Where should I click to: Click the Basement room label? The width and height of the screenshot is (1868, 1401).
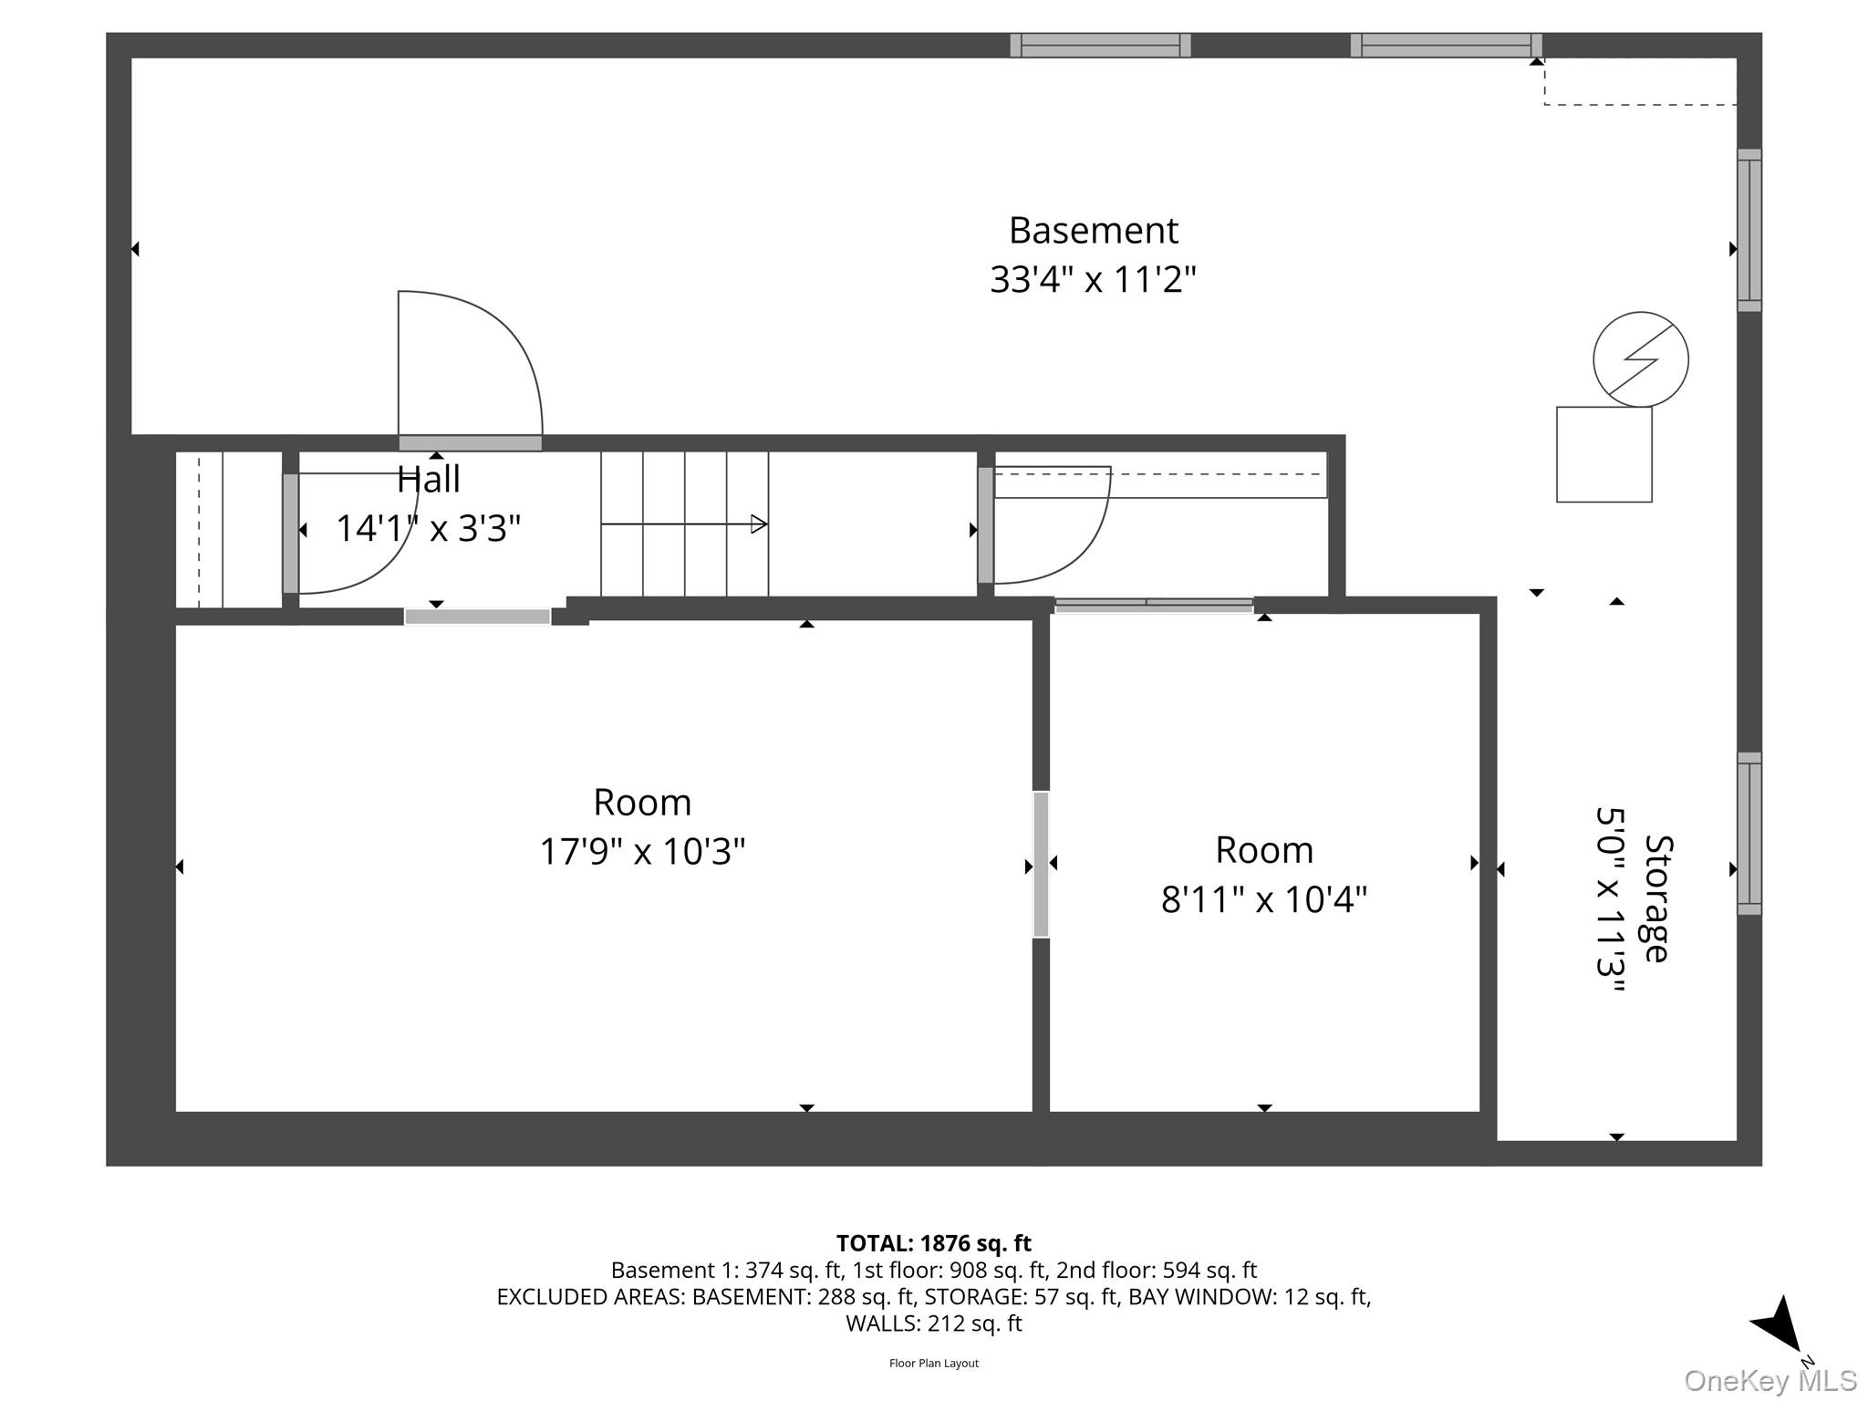[1093, 231]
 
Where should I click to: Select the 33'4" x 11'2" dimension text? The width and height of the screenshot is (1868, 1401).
[1093, 279]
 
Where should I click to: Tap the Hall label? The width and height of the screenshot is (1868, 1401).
[429, 480]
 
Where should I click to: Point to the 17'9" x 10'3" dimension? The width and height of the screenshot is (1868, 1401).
[642, 852]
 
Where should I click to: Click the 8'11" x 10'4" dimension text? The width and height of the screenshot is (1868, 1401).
[1263, 900]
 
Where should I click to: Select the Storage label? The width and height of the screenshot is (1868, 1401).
[1656, 898]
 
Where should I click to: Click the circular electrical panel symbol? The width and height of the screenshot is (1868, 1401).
[1640, 359]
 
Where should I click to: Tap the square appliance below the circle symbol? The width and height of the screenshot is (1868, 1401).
[1603, 454]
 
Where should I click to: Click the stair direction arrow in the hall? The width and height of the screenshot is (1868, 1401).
[684, 524]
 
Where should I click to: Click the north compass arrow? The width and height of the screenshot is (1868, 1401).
[1778, 1325]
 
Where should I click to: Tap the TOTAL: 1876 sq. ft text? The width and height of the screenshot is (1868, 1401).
[933, 1243]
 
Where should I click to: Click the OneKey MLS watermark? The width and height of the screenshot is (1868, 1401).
[1770, 1381]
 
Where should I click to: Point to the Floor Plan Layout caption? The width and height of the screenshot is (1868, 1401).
[933, 1364]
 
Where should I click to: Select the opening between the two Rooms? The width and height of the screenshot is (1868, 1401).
[1041, 865]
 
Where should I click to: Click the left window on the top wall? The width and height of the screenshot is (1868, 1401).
[1100, 46]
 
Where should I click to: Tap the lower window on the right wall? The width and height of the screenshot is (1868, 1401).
[1749, 834]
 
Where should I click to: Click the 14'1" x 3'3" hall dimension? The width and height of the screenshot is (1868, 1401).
[429, 529]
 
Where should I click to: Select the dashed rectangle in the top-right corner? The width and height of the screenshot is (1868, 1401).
[1640, 81]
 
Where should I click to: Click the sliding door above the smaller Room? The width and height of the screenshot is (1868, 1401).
[1154, 604]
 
